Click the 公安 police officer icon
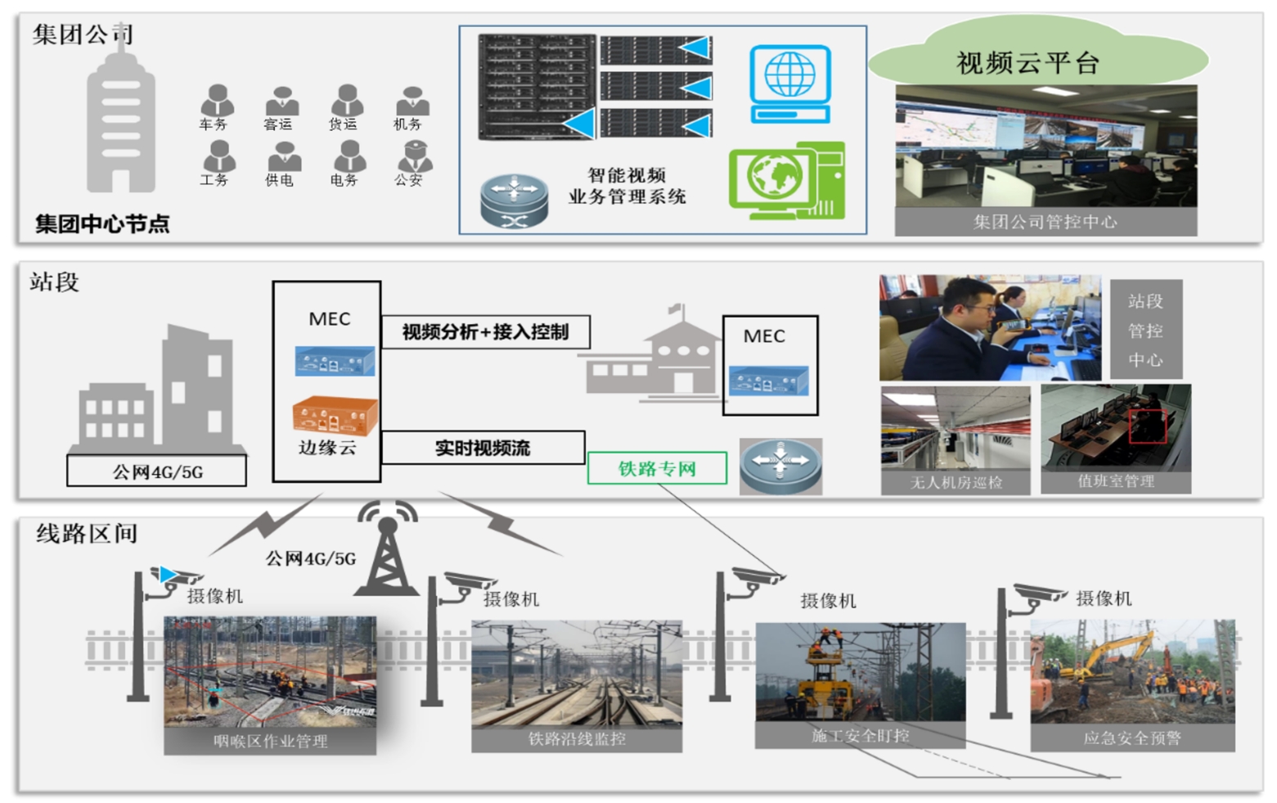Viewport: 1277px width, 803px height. pyautogui.click(x=414, y=156)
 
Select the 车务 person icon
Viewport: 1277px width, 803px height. pyautogui.click(x=217, y=101)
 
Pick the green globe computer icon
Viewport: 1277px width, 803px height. pyautogui.click(x=786, y=181)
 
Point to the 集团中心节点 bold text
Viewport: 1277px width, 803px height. pyautogui.click(x=102, y=223)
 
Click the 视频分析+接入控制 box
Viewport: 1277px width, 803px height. pyautogui.click(x=485, y=332)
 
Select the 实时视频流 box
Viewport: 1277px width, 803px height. pyautogui.click(x=483, y=448)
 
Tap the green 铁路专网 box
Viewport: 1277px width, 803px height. pyautogui.click(x=657, y=468)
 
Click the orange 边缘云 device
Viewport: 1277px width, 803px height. pyautogui.click(x=335, y=416)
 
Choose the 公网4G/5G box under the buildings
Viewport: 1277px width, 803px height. pyautogui.click(x=156, y=471)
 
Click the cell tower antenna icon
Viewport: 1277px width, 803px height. pyautogui.click(x=387, y=548)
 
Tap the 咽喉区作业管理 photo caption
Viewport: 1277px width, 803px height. pyautogui.click(x=270, y=741)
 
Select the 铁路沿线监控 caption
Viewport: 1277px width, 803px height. pyautogui.click(x=577, y=738)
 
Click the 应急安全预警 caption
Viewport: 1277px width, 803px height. pyautogui.click(x=1132, y=738)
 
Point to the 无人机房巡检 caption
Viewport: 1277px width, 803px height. pyautogui.click(x=956, y=482)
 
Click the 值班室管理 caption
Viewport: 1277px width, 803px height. pyautogui.click(x=1116, y=480)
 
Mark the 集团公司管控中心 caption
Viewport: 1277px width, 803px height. pyautogui.click(x=1045, y=222)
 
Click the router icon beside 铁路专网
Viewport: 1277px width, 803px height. pyautogui.click(x=780, y=466)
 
